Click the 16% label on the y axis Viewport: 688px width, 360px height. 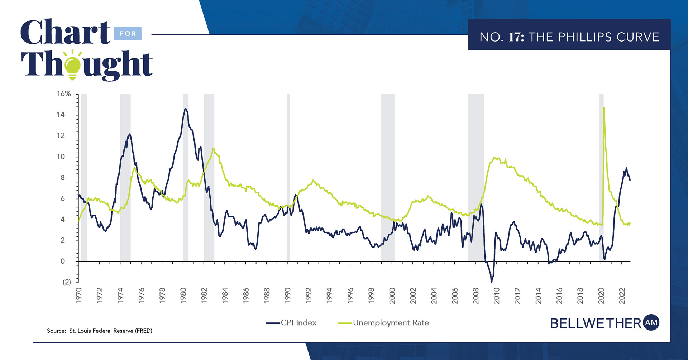[x=64, y=94]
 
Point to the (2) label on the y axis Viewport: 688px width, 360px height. [x=67, y=282]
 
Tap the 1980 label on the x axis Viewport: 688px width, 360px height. [x=183, y=296]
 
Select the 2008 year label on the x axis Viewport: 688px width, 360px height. [x=476, y=296]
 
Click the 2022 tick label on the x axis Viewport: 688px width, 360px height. [x=622, y=296]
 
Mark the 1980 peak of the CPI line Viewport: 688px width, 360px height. [x=185, y=109]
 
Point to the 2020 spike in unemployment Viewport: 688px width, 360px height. [x=604, y=108]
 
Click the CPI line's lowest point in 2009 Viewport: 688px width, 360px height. [x=492, y=282]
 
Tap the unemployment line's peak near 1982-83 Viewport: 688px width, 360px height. [x=213, y=149]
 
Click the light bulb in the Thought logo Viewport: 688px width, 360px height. [x=73, y=66]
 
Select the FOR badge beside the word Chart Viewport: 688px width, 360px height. [x=128, y=34]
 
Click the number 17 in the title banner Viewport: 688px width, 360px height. [x=516, y=37]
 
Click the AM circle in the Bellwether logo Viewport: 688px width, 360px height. [x=651, y=322]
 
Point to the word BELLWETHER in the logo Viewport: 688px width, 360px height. [x=596, y=323]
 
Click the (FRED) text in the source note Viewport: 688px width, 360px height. [x=143, y=331]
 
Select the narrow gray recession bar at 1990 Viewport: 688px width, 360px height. [x=288, y=177]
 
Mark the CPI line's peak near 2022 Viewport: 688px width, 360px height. [x=626, y=168]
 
